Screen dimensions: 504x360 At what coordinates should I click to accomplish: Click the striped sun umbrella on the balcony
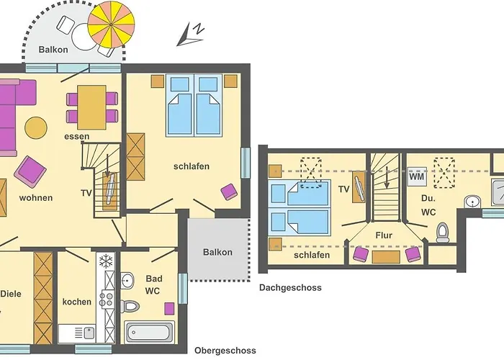(x=111, y=24)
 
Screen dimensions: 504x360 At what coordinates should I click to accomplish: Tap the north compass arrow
(x=190, y=35)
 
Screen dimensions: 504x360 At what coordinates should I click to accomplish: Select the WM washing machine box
(x=417, y=176)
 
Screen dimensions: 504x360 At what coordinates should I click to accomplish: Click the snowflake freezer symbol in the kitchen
(x=105, y=261)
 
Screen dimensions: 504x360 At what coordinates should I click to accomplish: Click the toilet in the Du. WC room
(x=443, y=232)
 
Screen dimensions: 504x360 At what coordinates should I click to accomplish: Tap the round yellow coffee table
(x=36, y=127)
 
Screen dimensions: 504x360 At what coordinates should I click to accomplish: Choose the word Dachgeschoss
(x=290, y=287)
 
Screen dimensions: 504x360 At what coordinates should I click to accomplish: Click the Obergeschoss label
(x=225, y=350)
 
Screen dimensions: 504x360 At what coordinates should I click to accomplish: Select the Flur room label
(x=384, y=235)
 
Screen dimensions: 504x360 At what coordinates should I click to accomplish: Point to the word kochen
(x=77, y=302)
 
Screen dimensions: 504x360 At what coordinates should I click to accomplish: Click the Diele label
(x=11, y=294)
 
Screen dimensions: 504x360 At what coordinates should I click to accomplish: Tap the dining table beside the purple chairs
(x=91, y=107)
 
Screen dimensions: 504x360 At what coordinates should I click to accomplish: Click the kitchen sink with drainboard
(x=76, y=333)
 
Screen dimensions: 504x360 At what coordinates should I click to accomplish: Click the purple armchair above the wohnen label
(x=30, y=171)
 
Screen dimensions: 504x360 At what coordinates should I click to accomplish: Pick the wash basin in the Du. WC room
(x=472, y=202)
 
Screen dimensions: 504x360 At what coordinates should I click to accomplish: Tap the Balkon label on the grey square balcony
(x=217, y=252)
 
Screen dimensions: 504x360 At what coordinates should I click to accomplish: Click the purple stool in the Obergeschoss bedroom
(x=229, y=192)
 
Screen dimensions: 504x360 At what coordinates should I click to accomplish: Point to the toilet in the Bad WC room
(x=129, y=306)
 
